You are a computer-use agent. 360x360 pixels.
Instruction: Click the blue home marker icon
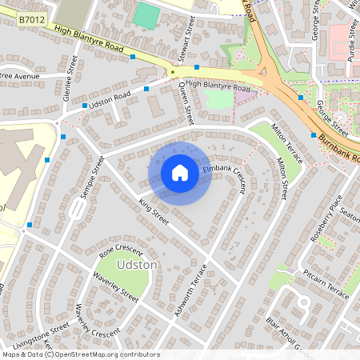point(180,173)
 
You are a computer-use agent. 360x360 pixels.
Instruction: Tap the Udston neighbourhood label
point(138,264)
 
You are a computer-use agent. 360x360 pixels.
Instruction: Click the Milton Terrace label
point(286,142)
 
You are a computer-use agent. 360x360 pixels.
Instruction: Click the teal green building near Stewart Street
point(146,16)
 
